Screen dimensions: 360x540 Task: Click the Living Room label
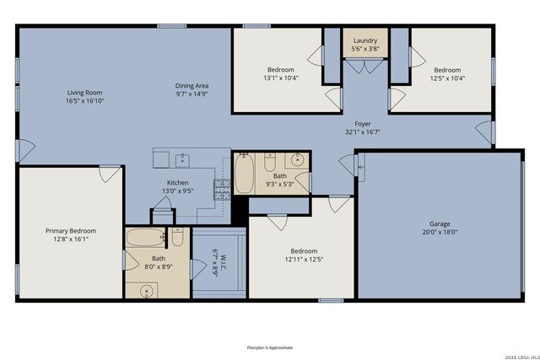pos(85,93)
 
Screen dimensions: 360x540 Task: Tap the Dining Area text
pos(192,86)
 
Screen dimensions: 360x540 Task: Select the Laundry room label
pos(365,40)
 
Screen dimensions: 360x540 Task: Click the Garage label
pos(440,224)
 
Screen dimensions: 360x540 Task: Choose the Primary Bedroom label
pos(70,231)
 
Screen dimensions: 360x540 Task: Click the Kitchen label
pos(177,183)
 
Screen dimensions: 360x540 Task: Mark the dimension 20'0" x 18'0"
pos(440,232)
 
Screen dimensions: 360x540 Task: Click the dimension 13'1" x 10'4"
pos(282,78)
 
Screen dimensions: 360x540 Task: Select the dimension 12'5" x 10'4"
pos(447,78)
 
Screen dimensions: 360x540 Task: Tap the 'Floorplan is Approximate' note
pos(270,347)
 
